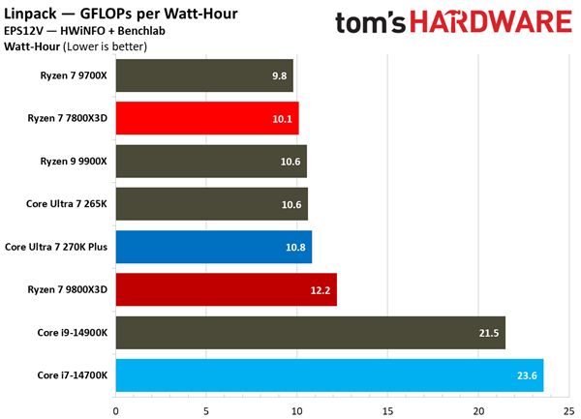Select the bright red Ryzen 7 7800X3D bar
(x=207, y=118)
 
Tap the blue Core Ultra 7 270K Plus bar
(x=213, y=247)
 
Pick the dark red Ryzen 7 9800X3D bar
(x=226, y=289)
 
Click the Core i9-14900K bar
(x=310, y=332)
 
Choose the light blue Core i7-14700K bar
(x=329, y=374)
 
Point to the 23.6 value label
(x=525, y=374)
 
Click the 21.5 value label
(x=487, y=332)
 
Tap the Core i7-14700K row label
(x=73, y=374)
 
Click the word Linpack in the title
(x=33, y=13)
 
